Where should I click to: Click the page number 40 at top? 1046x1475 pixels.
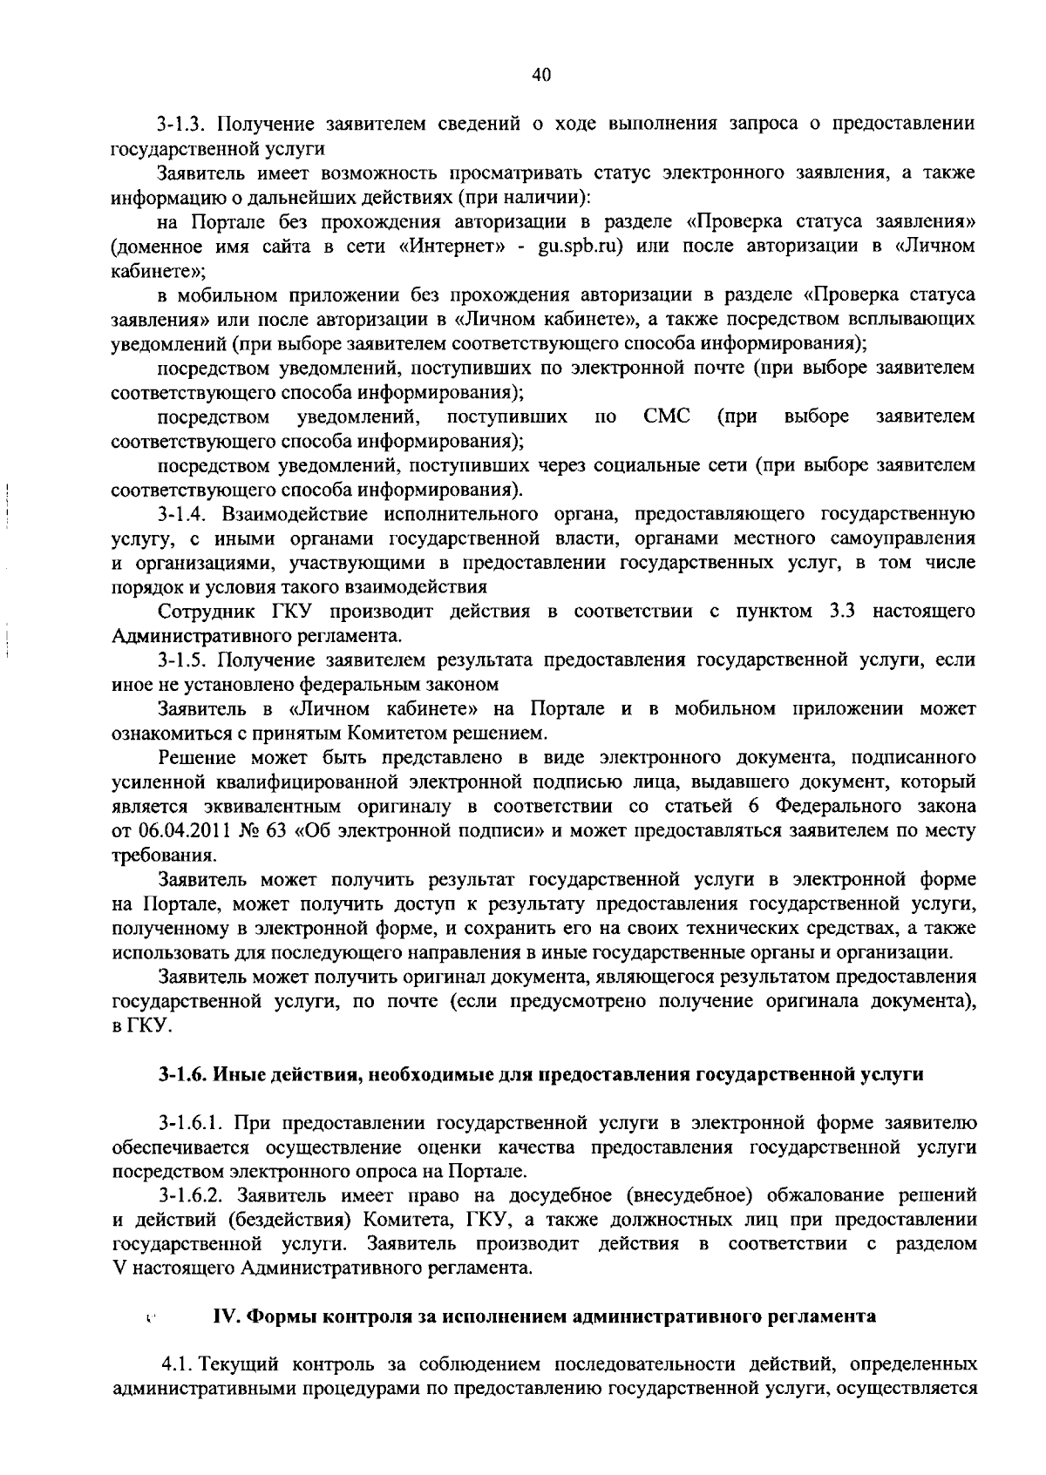[540, 76]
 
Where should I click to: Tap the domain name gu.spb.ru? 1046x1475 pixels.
[579, 247]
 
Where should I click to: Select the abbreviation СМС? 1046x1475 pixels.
[667, 417]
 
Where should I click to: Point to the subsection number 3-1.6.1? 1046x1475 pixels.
[189, 1123]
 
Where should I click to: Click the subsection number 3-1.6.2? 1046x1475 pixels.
[189, 1195]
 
